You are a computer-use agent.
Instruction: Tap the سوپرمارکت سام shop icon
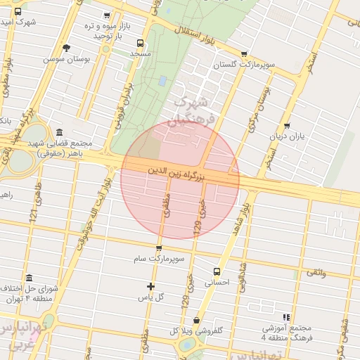[x=159, y=248]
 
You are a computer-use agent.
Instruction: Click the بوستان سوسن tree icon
[x=66, y=48]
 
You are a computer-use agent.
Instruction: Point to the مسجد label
[x=141, y=53]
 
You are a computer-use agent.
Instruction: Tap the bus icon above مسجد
[x=141, y=41]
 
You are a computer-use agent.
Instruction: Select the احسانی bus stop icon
[x=217, y=271]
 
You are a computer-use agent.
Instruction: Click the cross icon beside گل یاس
[x=150, y=286]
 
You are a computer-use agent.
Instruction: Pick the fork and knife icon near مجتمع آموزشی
[x=286, y=318]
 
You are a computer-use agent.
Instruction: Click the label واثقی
[x=314, y=271]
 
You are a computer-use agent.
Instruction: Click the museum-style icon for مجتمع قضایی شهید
[x=58, y=132]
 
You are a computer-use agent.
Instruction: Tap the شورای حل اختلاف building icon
[x=29, y=278]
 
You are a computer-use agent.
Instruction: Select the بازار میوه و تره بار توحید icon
[x=106, y=15]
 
